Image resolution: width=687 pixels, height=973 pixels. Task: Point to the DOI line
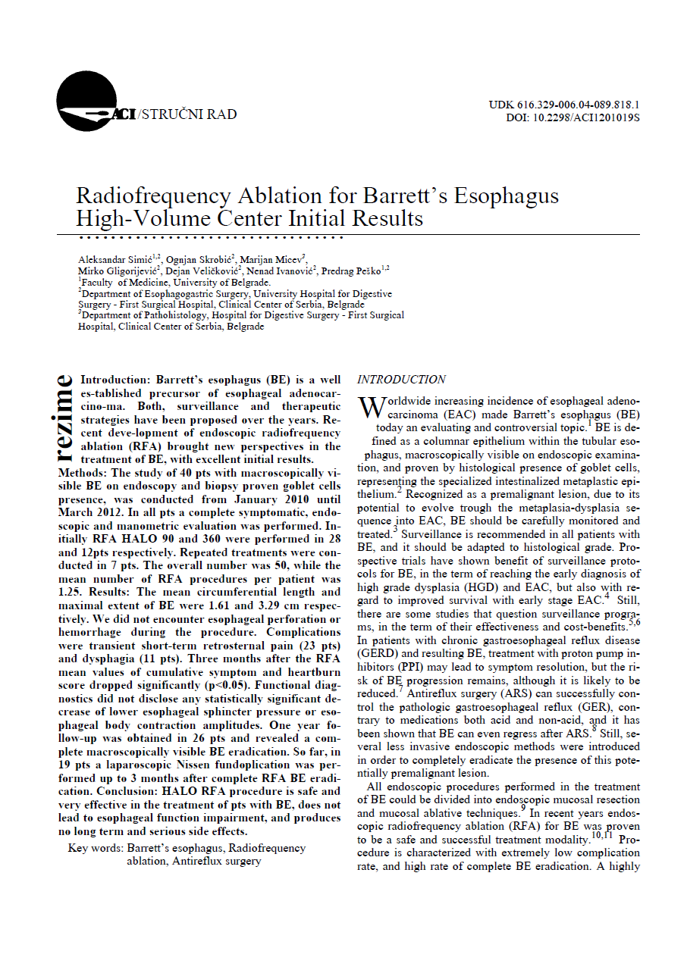[x=573, y=118]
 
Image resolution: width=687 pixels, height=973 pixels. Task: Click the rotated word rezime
[x=65, y=418]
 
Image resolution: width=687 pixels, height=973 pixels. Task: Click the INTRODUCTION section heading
[x=401, y=380]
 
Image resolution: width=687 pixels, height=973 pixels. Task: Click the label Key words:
[x=96, y=848]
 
